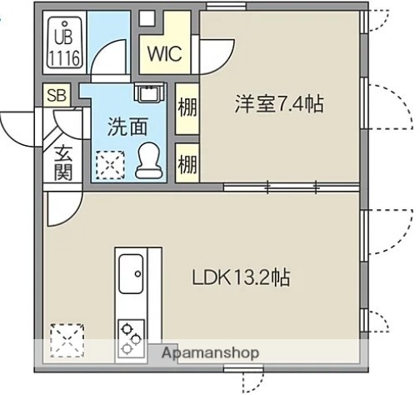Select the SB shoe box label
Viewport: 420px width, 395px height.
(57, 96)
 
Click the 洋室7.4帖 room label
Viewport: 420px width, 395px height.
(278, 105)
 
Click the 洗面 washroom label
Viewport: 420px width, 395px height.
(127, 127)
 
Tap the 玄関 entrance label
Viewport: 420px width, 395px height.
(62, 162)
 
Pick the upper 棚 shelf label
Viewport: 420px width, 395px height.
(187, 108)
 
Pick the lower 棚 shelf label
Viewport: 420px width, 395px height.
(187, 160)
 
